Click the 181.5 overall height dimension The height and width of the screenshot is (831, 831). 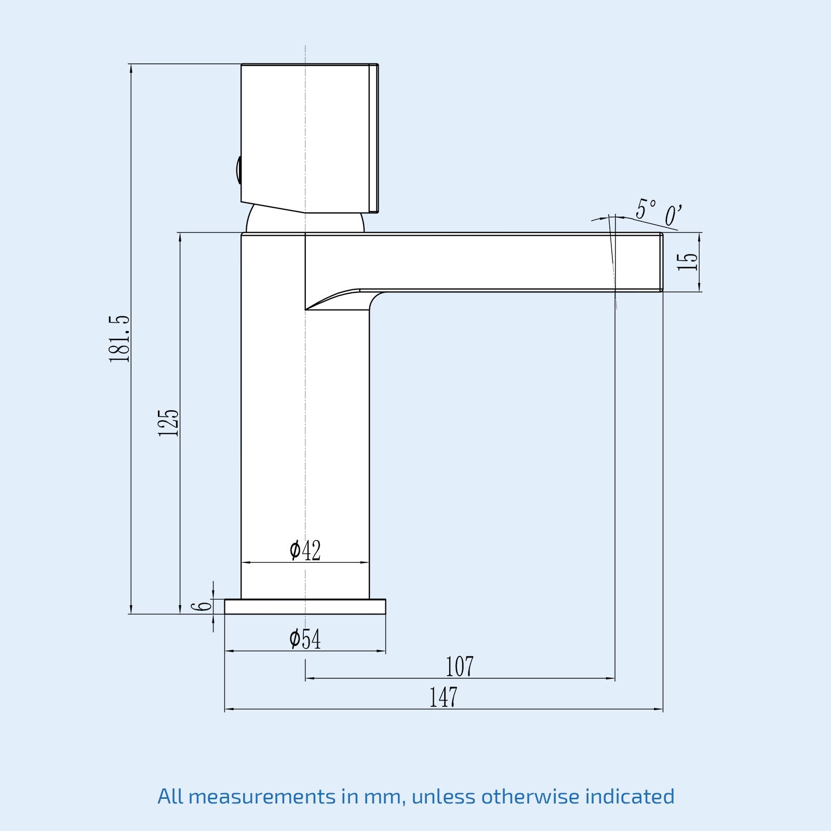click(x=119, y=339)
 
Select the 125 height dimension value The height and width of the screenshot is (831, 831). click(x=168, y=422)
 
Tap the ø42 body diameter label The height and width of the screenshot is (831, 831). click(x=305, y=551)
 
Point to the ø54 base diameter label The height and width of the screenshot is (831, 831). click(x=305, y=639)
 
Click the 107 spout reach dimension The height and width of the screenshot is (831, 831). click(x=460, y=667)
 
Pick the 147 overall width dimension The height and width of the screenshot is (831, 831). click(x=443, y=698)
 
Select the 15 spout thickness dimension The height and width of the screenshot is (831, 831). click(x=688, y=262)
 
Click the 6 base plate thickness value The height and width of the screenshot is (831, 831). click(x=202, y=606)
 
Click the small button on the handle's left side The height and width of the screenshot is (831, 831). click(x=238, y=170)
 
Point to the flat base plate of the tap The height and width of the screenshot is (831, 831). click(x=305, y=607)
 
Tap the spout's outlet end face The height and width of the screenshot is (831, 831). click(x=661, y=262)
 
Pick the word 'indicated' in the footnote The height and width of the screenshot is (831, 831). click(x=629, y=796)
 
